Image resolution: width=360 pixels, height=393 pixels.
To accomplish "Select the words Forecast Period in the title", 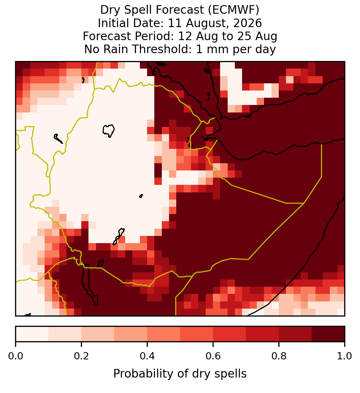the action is [128, 36].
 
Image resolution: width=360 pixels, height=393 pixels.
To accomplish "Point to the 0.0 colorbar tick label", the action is [15, 356].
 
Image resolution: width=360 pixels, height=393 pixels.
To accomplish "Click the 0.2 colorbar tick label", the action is [81, 356].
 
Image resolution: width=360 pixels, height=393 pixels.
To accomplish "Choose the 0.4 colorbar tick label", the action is [147, 356].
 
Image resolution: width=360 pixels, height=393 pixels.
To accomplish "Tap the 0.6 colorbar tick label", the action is [213, 356].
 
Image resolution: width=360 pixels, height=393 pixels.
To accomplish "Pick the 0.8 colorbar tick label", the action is [279, 356].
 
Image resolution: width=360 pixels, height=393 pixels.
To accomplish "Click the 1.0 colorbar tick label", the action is [345, 356].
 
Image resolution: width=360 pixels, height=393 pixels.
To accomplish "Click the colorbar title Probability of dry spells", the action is [180, 374].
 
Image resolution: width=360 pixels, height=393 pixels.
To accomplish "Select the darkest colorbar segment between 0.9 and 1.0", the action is [328, 334].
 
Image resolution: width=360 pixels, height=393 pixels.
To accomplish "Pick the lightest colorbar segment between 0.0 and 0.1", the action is [32, 334].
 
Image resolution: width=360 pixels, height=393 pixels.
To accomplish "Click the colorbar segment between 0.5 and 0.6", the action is [197, 334].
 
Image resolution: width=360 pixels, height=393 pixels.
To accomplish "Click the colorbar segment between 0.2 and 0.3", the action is [98, 334].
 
